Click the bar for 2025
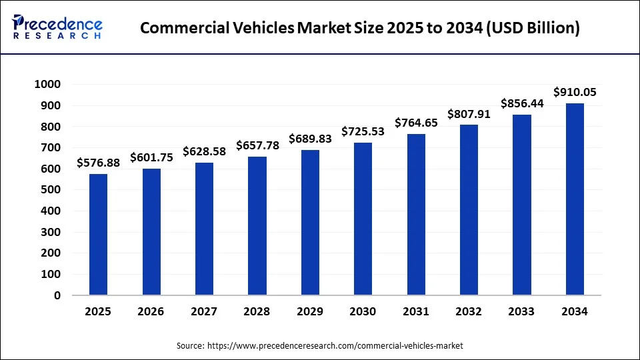click(x=98, y=234)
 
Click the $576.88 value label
click(x=98, y=162)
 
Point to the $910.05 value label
click(x=575, y=92)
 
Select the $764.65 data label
click(x=416, y=123)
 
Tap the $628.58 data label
click(x=204, y=151)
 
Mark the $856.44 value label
click(x=522, y=103)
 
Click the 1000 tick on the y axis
click(x=47, y=84)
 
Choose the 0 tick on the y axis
click(x=57, y=295)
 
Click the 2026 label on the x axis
click(x=151, y=311)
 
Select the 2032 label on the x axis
click(x=469, y=311)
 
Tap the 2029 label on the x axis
click(x=310, y=311)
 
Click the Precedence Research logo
click(x=57, y=27)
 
